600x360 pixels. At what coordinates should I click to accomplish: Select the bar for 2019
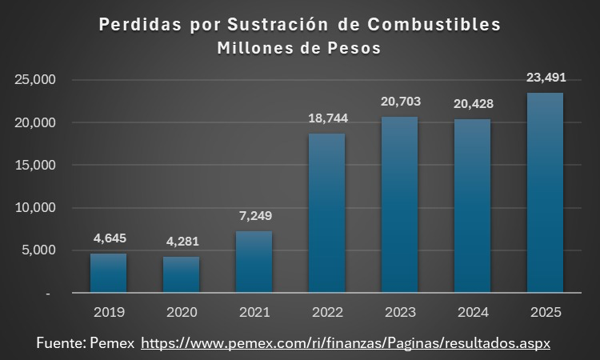tap(108, 273)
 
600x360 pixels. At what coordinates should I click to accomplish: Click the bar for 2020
tap(181, 274)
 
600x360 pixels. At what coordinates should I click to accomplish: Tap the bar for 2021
tap(254, 262)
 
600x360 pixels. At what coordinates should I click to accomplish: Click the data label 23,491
tap(545, 78)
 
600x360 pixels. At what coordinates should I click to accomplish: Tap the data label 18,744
tap(326, 118)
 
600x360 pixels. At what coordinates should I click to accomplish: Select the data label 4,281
tap(181, 242)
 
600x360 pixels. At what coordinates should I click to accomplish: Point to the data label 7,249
tap(254, 216)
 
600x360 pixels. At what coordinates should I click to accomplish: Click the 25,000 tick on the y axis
tap(34, 80)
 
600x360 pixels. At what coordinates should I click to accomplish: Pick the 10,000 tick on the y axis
tap(34, 208)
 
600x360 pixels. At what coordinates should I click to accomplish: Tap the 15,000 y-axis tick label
tap(34, 166)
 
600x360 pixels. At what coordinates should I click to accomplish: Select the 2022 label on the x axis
tap(326, 310)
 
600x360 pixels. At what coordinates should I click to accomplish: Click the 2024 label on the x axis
tap(472, 310)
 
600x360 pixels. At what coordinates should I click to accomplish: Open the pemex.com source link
tap(346, 342)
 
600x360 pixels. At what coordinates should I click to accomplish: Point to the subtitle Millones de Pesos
tap(299, 48)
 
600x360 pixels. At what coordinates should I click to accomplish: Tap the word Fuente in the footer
tap(62, 342)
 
